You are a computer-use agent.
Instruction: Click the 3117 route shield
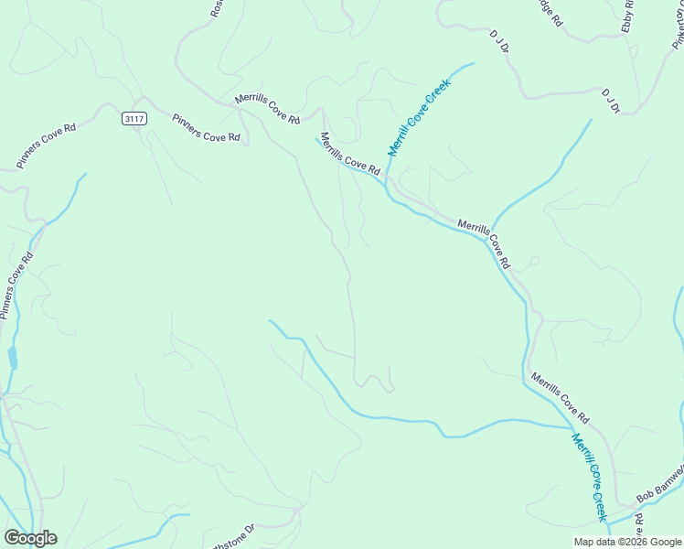click(133, 118)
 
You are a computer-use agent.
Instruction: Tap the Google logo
click(30, 538)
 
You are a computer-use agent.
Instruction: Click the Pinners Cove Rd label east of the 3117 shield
click(206, 127)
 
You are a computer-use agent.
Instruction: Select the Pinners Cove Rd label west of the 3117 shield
click(45, 145)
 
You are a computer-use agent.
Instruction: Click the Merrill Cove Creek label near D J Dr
click(420, 116)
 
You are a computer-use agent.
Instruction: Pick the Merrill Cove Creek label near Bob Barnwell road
click(590, 478)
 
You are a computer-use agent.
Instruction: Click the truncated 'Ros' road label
click(217, 8)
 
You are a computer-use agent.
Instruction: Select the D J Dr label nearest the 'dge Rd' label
click(498, 41)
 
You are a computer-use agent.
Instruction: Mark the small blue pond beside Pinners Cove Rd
click(13, 357)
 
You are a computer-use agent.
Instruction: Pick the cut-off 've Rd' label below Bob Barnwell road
click(639, 526)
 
